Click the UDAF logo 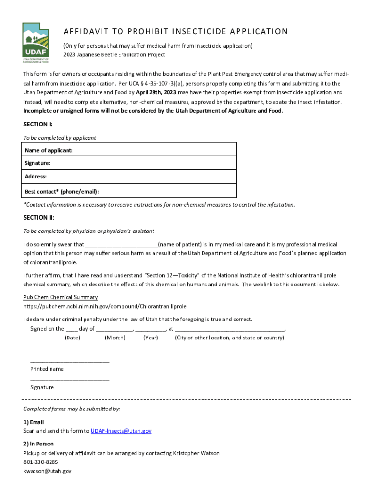36,43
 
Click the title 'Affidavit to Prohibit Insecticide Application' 175,32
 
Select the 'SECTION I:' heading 38,125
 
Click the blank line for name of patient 121,245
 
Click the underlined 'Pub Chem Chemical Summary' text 60,297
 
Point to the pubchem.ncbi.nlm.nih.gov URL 104,307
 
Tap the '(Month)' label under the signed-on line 115,338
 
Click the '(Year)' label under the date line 151,338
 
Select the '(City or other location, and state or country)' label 229,338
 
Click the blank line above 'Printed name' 69,361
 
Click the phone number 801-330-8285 40,462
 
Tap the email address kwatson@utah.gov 47,471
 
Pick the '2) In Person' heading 38,444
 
